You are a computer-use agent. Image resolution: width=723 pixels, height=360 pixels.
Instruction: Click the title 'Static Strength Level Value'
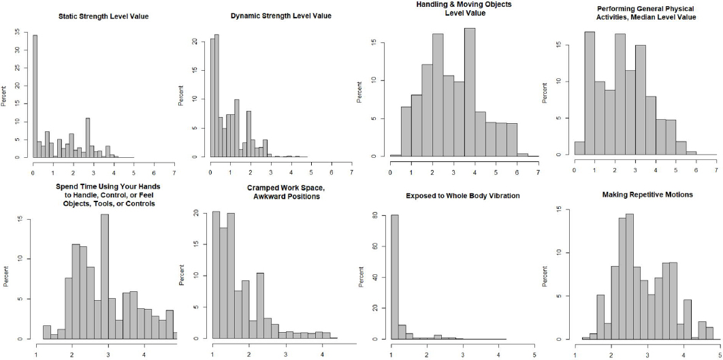tap(103, 16)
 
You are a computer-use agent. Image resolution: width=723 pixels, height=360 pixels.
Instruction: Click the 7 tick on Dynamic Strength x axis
tap(351, 165)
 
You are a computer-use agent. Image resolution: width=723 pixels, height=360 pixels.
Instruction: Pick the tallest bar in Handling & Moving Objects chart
tap(470, 92)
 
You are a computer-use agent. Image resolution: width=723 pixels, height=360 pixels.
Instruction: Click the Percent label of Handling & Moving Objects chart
tap(372, 93)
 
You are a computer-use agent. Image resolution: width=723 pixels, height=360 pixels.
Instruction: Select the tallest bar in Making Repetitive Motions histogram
tap(630, 276)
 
